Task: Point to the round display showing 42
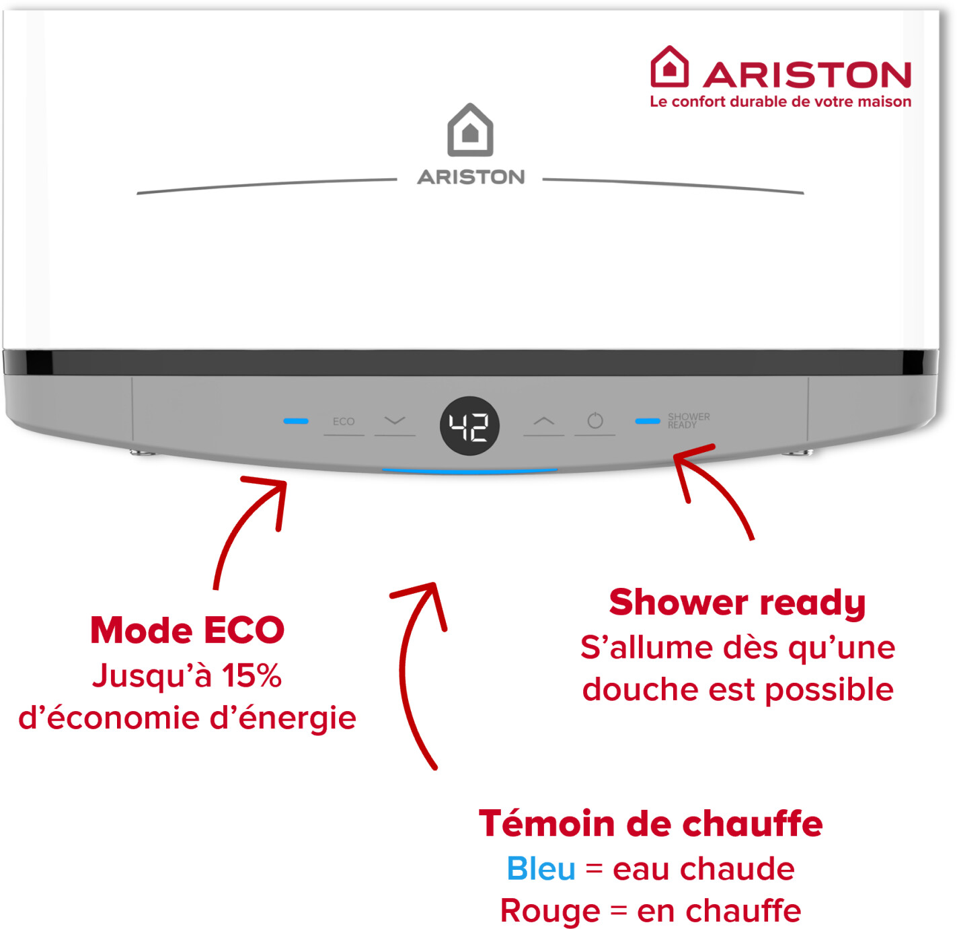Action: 469,425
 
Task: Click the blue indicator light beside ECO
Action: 295,421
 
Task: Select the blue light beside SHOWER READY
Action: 647,421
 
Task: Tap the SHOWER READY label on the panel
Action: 688,420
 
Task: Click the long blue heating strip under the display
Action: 469,471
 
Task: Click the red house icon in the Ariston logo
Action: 668,67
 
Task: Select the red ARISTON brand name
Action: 807,75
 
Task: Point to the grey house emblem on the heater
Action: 469,130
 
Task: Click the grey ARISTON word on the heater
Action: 471,177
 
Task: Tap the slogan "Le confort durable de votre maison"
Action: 780,102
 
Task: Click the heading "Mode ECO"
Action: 188,630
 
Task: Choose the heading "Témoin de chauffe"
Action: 650,823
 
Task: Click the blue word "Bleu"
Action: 541,869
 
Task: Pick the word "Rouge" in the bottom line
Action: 550,911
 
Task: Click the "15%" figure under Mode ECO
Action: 252,675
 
